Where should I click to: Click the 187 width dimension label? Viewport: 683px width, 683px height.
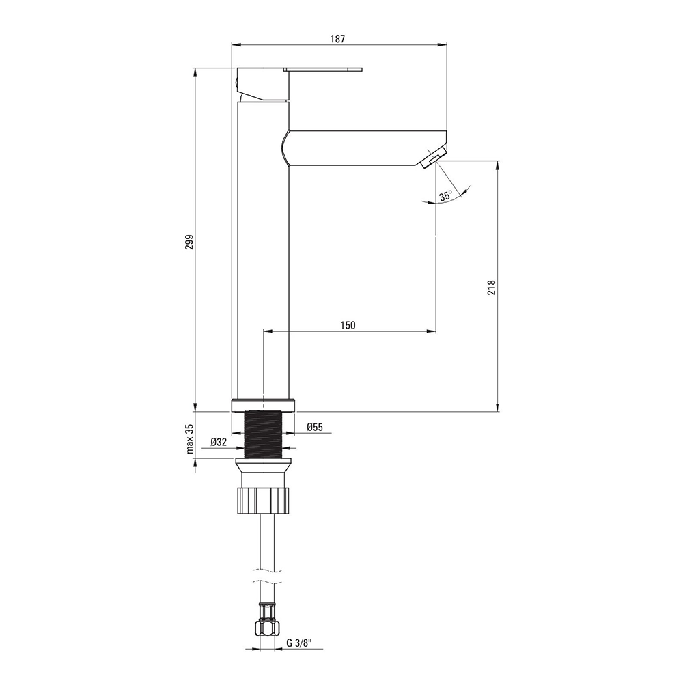pos(337,39)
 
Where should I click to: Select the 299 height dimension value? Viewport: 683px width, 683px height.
pos(189,242)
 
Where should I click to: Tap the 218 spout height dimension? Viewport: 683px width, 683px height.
pos(492,288)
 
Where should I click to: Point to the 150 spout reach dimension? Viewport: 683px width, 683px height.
pos(348,325)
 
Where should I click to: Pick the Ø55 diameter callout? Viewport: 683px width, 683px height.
pos(314,427)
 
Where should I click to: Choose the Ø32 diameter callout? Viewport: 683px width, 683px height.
pos(219,442)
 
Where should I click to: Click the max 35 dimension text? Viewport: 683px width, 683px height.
pos(189,438)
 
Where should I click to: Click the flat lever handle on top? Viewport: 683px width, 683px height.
pos(323,69)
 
